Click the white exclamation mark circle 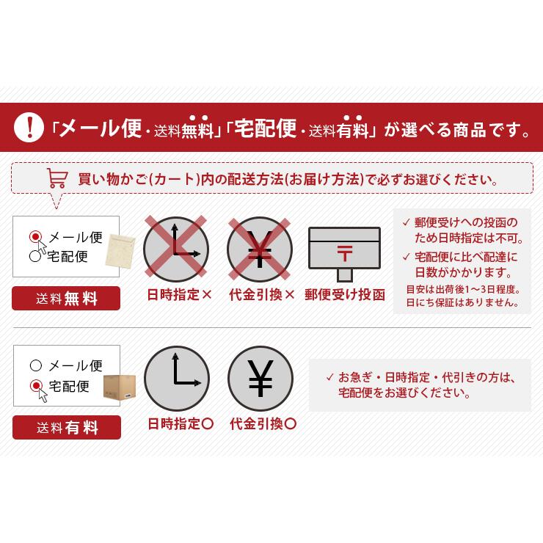(29, 127)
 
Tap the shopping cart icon (57, 178)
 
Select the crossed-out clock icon (176, 249)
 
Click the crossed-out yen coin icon (260, 249)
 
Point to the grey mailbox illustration (344, 254)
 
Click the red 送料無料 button (66, 298)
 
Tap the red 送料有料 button (67, 427)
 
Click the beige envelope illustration (120, 251)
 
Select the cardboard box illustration (120, 387)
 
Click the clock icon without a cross (177, 379)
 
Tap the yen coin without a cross (260, 379)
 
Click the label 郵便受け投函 (345, 295)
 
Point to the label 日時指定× (179, 295)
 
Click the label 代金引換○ (263, 424)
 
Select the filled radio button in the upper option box (35, 237)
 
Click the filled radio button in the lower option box (36, 385)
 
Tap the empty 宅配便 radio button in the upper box (35, 256)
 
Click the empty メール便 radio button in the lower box (36, 365)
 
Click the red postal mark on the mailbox (345, 253)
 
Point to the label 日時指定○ (181, 424)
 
